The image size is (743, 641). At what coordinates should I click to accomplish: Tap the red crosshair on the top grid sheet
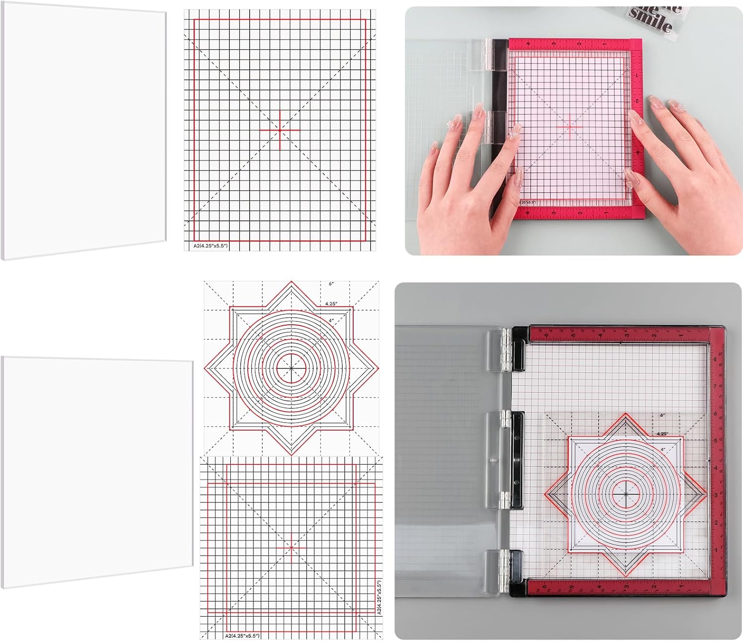(280, 130)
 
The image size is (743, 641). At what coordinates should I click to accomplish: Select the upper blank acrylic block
(84, 131)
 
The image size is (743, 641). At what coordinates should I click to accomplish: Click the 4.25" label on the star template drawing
(331, 303)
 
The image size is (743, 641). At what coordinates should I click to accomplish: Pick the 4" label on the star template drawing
(330, 321)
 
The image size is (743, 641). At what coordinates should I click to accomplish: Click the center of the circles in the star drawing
(291, 369)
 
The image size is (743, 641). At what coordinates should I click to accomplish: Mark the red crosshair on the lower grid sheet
(291, 548)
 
